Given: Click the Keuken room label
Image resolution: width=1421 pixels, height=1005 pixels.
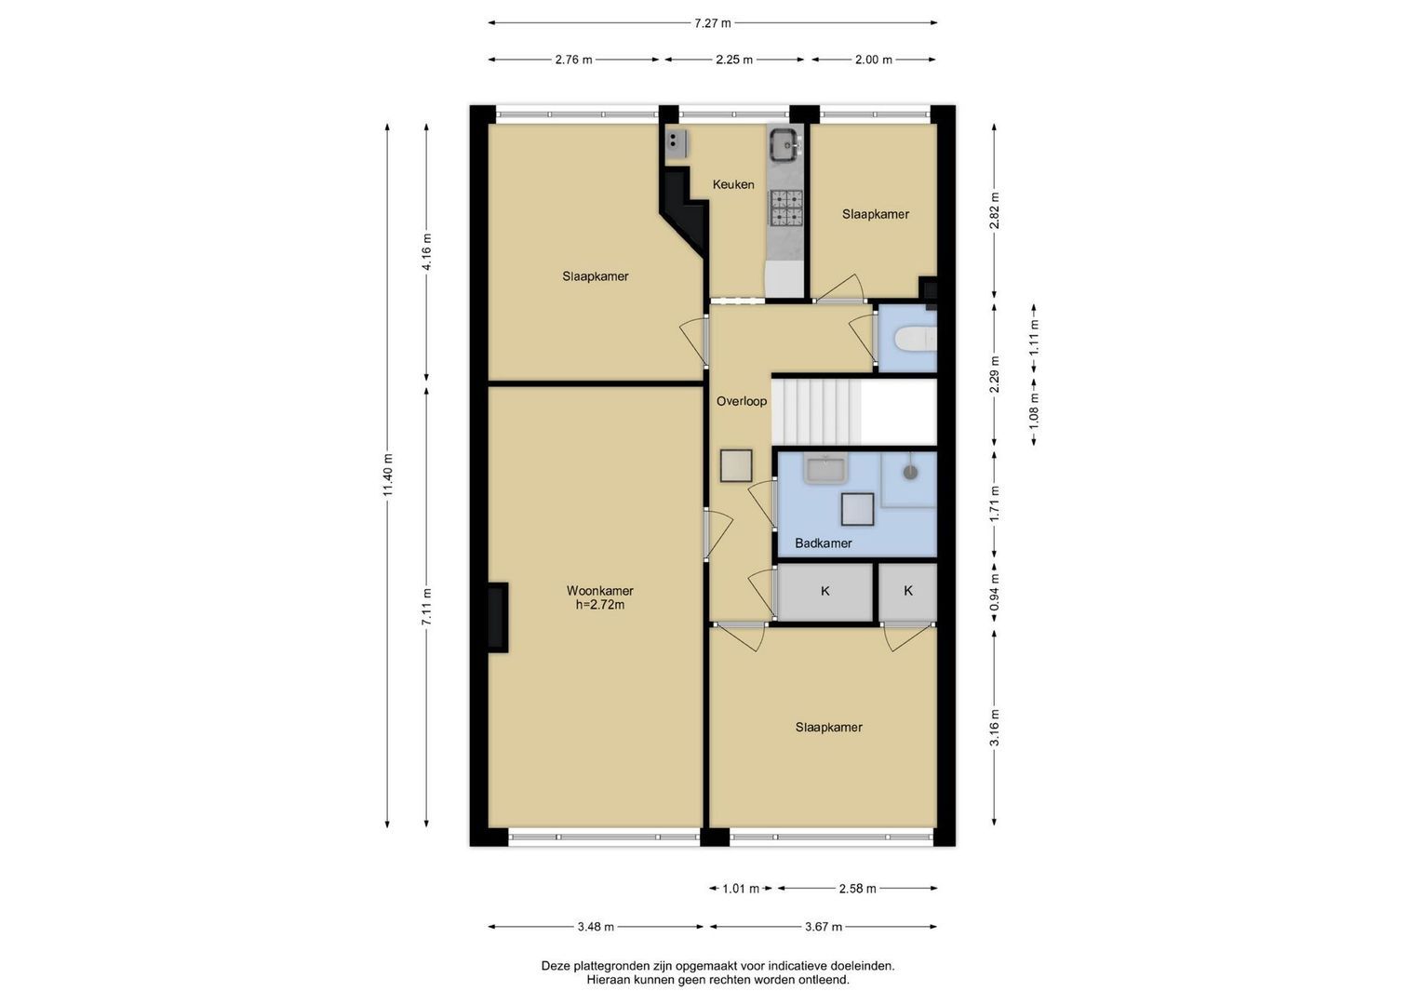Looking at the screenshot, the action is pyautogui.click(x=733, y=184).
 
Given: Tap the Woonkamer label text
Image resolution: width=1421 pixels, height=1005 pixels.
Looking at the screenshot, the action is pyautogui.click(x=600, y=591).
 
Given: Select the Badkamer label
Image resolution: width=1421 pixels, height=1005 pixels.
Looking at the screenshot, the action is pyautogui.click(x=824, y=543).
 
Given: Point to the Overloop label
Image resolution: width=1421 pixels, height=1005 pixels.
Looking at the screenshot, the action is pyautogui.click(x=742, y=401).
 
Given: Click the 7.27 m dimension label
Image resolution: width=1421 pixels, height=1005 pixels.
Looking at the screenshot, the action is pyautogui.click(x=713, y=23).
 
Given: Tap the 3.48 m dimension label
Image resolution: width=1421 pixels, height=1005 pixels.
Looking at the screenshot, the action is pyautogui.click(x=596, y=927).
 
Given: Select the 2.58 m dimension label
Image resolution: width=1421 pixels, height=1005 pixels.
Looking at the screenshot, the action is pyautogui.click(x=858, y=889).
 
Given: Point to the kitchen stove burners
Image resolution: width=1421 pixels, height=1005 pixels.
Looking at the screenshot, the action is pyautogui.click(x=786, y=208).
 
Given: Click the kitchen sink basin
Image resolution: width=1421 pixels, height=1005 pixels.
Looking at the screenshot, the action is pyautogui.click(x=785, y=144).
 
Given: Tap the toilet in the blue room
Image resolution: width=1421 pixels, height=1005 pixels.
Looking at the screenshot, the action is pyautogui.click(x=915, y=338).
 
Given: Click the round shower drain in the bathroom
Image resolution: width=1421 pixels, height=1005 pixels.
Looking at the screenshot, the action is pyautogui.click(x=911, y=472).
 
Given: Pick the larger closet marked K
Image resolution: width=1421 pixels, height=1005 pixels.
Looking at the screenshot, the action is pyautogui.click(x=825, y=592).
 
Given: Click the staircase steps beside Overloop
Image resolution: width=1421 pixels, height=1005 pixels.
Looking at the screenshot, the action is pyautogui.click(x=816, y=411).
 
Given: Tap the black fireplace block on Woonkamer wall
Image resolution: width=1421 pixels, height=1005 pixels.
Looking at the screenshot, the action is pyautogui.click(x=498, y=617).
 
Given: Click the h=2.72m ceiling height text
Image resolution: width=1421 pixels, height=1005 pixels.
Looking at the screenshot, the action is pyautogui.click(x=600, y=605).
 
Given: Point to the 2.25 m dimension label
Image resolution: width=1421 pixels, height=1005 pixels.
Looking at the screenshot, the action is pyautogui.click(x=734, y=60).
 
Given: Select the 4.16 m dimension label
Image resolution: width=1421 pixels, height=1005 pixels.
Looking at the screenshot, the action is pyautogui.click(x=427, y=252).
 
